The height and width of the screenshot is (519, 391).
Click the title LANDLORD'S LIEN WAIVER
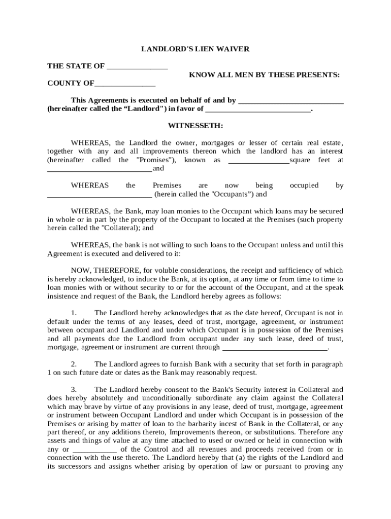[x=195, y=49]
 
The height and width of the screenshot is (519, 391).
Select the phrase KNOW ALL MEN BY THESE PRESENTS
[x=265, y=75]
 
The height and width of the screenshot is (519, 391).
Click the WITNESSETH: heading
[x=195, y=125]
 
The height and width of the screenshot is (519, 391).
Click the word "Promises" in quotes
[x=156, y=160]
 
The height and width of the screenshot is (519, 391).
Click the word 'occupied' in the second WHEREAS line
[x=304, y=186]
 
